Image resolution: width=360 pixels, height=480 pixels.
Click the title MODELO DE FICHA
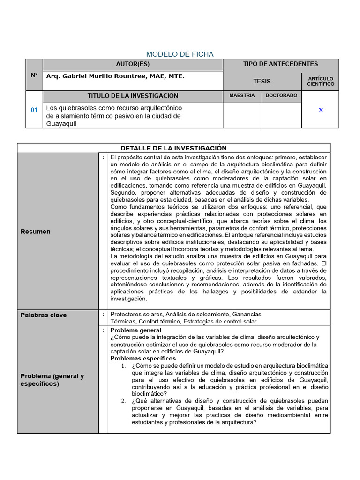point(180,54)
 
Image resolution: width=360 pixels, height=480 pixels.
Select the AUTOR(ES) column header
point(133,64)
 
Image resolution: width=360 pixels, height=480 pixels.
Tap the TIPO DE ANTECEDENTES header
point(280,64)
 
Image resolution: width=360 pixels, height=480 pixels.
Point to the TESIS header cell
point(262,81)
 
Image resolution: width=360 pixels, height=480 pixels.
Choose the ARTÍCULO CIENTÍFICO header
point(321,81)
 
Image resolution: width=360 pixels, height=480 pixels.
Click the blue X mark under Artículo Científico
point(321,110)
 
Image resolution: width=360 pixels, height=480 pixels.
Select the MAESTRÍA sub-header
point(242,96)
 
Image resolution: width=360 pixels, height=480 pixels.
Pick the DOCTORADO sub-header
point(281,96)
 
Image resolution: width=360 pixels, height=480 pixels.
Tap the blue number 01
point(34,110)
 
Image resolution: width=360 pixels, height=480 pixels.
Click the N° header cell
point(34,75)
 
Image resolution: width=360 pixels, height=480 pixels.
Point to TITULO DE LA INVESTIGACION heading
point(133,96)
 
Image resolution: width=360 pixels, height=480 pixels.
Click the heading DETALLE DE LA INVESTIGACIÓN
point(173,148)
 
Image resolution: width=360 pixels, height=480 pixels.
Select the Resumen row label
point(36,232)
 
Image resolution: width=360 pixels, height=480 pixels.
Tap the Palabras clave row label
point(44,315)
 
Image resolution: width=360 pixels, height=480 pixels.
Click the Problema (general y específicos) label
point(52,380)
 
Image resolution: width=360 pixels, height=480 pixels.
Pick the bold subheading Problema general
point(135,330)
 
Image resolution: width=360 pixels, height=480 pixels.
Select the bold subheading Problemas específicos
point(140,359)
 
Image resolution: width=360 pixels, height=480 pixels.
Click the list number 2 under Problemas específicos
point(123,401)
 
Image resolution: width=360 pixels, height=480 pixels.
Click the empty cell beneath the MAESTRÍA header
point(242,115)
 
